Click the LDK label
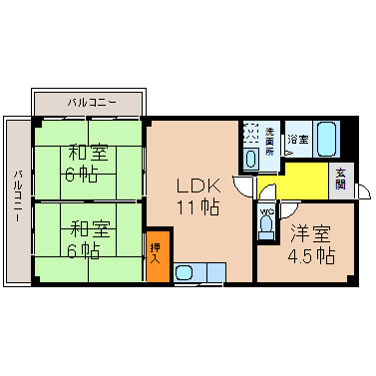pyautogui.click(x=198, y=186)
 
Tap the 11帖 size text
pyautogui.click(x=198, y=207)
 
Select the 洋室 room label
pyautogui.click(x=310, y=233)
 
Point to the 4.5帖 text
pyautogui.click(x=311, y=255)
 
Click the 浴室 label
pyautogui.click(x=298, y=139)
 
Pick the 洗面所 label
pyautogui.click(x=269, y=142)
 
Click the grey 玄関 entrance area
pyautogui.click(x=341, y=181)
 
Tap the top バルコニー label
pyautogui.click(x=92, y=103)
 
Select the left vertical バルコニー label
pyautogui.click(x=18, y=196)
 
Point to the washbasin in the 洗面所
pyautogui.click(x=251, y=159)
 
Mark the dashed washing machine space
pyautogui.click(x=250, y=133)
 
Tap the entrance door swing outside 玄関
pyautogui.click(x=363, y=190)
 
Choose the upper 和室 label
pyautogui.click(x=88, y=153)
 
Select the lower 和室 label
pyautogui.click(x=90, y=229)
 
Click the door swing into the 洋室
pyautogui.click(x=288, y=210)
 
